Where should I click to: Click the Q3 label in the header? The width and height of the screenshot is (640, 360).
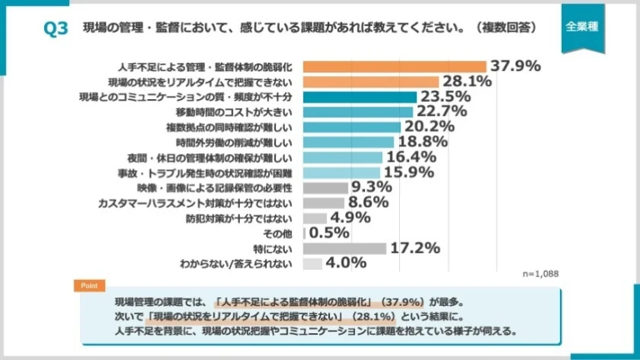coord(55,28)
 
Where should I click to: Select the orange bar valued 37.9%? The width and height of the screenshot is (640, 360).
coord(395,66)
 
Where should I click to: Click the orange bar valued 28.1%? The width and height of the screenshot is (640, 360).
coord(371,82)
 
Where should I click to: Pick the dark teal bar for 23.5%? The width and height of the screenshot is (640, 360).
coord(360,97)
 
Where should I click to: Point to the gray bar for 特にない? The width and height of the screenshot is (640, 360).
coord(345,248)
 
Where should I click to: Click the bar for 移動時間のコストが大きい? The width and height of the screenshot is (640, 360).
coord(357,112)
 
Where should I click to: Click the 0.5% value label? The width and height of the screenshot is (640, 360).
coord(328,233)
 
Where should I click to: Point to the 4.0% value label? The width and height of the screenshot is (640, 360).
coord(347,263)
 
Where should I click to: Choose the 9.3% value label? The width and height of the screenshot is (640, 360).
coord(372,187)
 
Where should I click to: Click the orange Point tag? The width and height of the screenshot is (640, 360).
coord(89,286)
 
